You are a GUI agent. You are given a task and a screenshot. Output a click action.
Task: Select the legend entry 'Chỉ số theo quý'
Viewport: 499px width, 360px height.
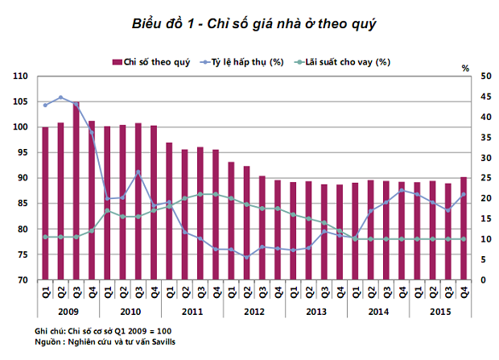click(x=156, y=62)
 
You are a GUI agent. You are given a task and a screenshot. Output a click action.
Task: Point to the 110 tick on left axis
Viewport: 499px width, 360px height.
click(x=20, y=76)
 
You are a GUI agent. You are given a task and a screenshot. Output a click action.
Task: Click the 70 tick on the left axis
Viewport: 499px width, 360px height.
click(x=23, y=280)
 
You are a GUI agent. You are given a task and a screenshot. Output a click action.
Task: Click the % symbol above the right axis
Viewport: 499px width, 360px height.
click(x=464, y=68)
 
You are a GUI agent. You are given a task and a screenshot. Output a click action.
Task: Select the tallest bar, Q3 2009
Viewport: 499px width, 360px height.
click(x=76, y=191)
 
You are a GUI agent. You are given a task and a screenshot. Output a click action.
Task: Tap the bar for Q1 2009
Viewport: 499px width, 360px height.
click(x=45, y=204)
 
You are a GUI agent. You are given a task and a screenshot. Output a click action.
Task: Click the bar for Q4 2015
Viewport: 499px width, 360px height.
click(x=463, y=229)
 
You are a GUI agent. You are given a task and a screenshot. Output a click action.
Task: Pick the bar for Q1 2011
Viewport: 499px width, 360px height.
click(x=169, y=211)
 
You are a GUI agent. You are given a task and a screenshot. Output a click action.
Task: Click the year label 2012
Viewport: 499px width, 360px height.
click(x=254, y=311)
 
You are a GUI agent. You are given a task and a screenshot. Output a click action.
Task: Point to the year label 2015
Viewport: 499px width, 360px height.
click(x=440, y=311)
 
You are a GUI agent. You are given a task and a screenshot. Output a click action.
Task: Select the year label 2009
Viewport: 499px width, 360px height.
click(x=68, y=311)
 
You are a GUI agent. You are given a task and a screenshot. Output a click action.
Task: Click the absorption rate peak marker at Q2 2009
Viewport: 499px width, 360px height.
click(x=60, y=97)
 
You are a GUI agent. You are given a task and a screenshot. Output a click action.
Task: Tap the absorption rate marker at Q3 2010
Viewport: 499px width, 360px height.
click(x=138, y=172)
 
